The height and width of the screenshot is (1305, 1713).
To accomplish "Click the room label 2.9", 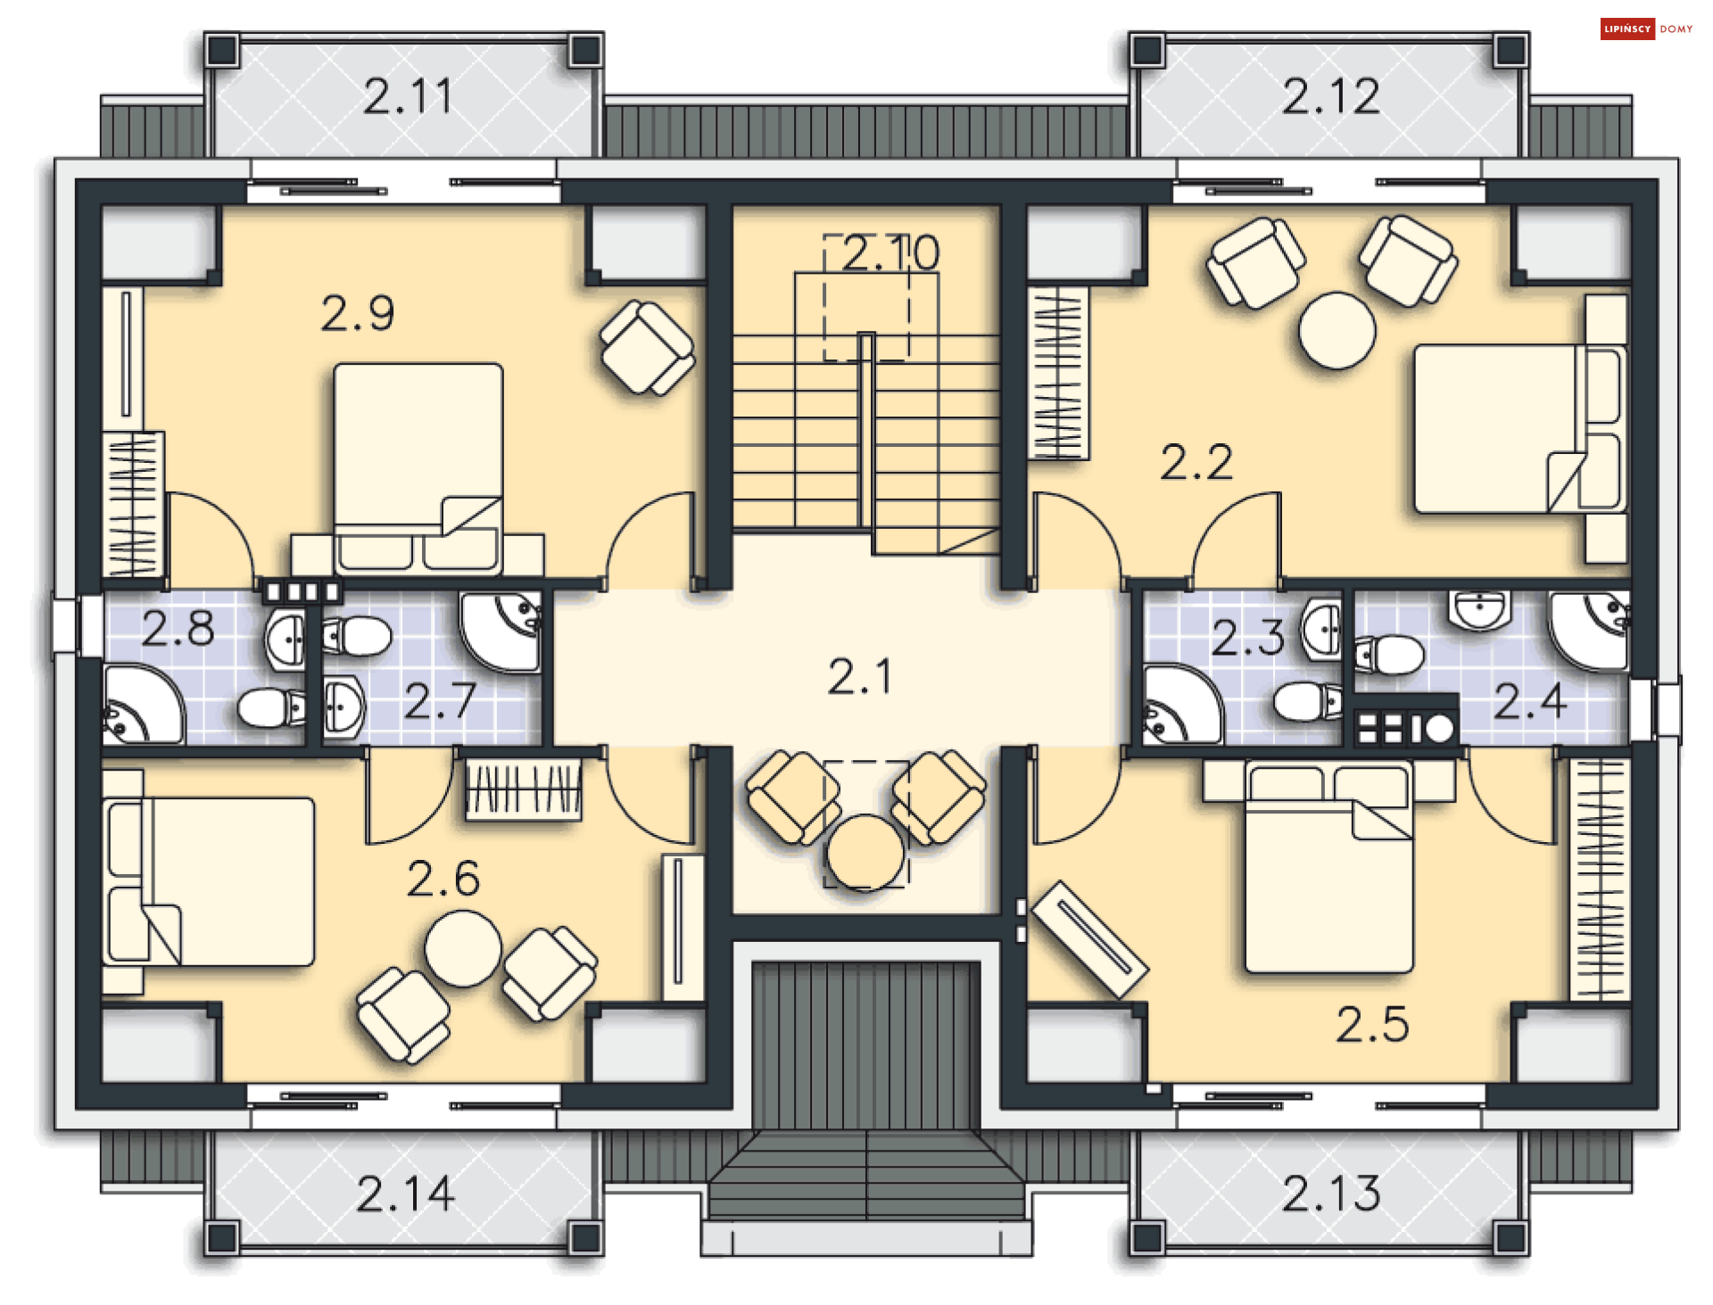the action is [357, 313].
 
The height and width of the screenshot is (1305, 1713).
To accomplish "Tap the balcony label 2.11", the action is [408, 96].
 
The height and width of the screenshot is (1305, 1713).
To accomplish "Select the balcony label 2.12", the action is [1330, 96].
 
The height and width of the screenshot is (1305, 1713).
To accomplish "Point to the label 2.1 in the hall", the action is [858, 676].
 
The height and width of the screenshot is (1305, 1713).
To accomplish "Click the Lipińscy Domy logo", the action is [1646, 29].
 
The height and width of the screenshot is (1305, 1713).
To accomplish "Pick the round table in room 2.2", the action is [1336, 330].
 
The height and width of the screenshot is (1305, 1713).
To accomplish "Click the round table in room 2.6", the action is [462, 947].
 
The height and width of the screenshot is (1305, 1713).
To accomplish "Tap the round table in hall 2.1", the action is [864, 853].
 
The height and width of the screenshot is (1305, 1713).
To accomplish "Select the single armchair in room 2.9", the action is [647, 347].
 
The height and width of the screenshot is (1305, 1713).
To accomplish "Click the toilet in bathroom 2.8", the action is [271, 708].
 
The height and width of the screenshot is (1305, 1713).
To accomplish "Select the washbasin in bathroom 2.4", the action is [1478, 609].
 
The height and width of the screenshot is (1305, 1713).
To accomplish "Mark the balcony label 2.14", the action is [405, 1193].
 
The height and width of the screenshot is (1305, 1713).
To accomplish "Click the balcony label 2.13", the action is [1330, 1193].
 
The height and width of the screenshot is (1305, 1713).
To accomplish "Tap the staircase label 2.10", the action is [890, 252].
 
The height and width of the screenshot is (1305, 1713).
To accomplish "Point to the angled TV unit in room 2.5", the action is [1089, 938].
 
